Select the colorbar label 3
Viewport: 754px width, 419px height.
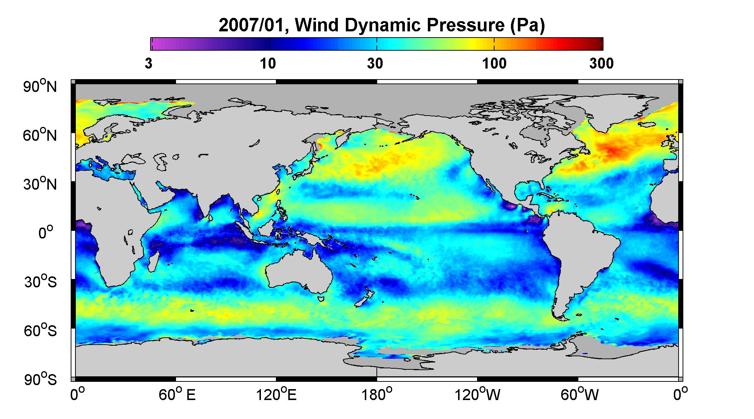[148, 64]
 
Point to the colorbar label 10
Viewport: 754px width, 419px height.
[268, 64]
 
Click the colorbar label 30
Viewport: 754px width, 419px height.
[375, 64]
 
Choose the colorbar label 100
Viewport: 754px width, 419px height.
[494, 64]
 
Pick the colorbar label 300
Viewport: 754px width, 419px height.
[601, 64]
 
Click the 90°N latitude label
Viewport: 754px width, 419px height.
[40, 87]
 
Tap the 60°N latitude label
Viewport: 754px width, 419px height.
[40, 136]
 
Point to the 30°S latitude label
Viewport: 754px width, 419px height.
[40, 282]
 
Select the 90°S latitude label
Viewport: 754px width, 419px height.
[40, 380]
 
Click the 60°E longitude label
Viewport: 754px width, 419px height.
[177, 395]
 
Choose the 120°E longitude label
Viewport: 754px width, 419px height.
[277, 395]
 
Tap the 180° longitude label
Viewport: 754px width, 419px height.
[376, 395]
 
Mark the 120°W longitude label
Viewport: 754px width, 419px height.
[478, 395]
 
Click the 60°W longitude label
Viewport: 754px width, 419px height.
[579, 395]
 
